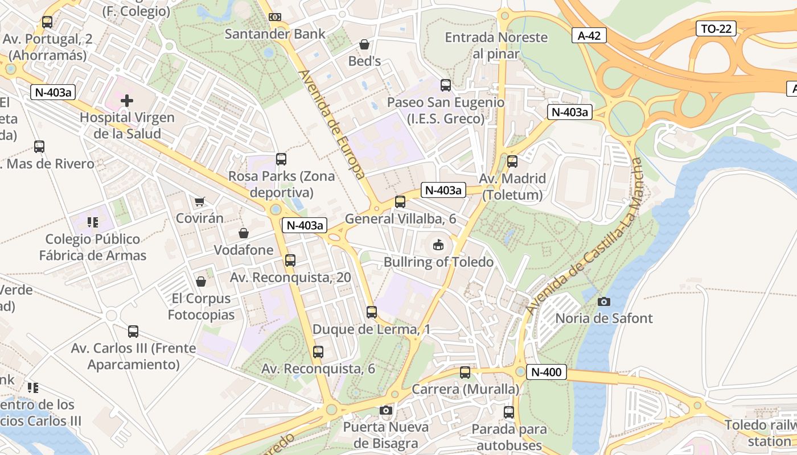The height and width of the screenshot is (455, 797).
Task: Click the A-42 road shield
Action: point(589,36)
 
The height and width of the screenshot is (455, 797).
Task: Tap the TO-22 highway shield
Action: point(716,28)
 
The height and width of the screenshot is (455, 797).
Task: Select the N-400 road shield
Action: point(546,373)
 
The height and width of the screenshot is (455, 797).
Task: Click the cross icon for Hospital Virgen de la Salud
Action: point(127,101)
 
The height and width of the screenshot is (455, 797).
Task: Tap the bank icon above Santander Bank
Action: point(275,17)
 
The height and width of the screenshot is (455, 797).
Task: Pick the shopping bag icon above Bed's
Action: point(364,44)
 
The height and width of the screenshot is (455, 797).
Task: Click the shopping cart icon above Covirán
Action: point(199,201)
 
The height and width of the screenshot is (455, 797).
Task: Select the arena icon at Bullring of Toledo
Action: point(438,245)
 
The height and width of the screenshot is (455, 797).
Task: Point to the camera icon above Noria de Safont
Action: point(604,301)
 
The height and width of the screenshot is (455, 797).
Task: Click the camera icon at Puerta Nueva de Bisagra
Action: point(385,410)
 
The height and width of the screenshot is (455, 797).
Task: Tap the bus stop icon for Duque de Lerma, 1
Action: point(372,312)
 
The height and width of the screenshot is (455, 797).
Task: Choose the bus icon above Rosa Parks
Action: point(281,159)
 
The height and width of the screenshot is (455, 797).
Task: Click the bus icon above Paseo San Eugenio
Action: point(446,85)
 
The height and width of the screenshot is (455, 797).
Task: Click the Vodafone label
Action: point(244,250)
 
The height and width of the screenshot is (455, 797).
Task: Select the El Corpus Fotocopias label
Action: point(201,307)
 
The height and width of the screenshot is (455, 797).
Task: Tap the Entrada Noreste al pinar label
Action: point(496,45)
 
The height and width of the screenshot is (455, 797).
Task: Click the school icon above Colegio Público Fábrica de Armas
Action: point(93,222)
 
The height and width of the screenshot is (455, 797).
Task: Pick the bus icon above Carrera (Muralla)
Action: point(465,373)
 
